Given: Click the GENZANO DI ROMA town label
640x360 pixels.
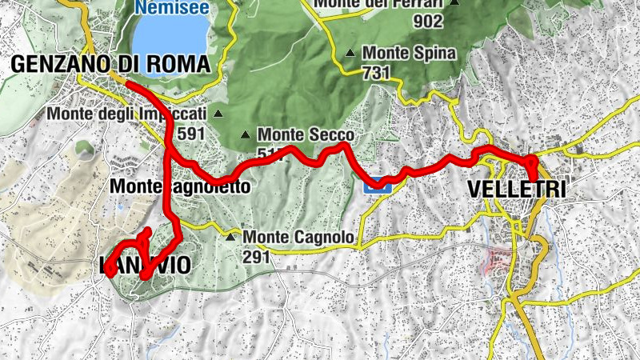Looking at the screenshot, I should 110,65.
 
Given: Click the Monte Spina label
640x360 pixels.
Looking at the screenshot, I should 409,54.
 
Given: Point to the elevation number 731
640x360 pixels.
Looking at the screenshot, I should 376,73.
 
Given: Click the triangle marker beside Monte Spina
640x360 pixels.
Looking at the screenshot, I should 350,54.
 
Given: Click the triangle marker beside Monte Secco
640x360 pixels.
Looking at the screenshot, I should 245,134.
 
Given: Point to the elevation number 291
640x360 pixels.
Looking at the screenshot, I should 258,256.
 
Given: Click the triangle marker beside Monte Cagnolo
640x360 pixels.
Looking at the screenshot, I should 230,237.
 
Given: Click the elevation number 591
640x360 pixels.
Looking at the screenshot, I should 192,133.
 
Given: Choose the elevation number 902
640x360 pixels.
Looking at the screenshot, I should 430,21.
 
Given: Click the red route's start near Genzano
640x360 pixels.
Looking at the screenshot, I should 127,82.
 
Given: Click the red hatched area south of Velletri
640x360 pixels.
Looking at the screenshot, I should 498,259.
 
